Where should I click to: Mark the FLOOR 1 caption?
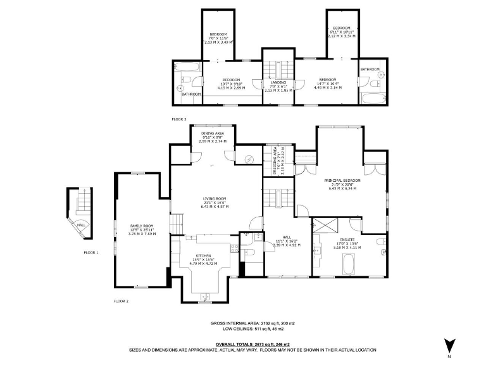tap(92, 252)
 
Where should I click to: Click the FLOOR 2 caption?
tap(121, 301)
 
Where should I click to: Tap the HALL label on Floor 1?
tap(80, 224)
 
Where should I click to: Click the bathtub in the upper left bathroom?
tap(188, 67)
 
